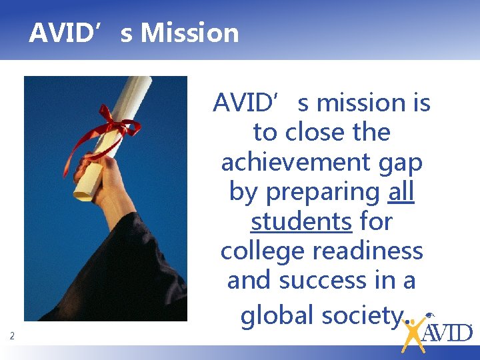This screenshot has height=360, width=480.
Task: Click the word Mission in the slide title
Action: (190, 32)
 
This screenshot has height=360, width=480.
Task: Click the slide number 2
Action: (12, 337)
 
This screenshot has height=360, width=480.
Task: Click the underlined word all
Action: (401, 191)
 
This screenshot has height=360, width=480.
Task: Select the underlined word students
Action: (301, 221)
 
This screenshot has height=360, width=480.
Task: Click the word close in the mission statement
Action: (317, 133)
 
